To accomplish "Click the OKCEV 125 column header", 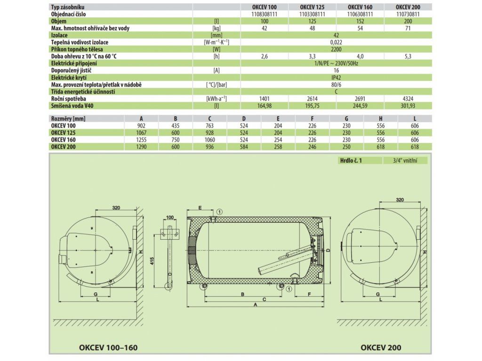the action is [312, 7].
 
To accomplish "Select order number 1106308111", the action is [360, 14].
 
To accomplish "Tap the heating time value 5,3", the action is [408, 56].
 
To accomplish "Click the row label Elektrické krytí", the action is [69, 78].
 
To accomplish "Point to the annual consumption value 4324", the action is [408, 99].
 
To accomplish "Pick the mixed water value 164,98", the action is [265, 106].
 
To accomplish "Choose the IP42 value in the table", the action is [336, 78].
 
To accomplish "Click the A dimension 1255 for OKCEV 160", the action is [141, 140].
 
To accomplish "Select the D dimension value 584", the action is [244, 147].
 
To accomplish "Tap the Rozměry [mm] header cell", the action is [68, 118].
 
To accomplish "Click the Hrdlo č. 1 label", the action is [351, 161].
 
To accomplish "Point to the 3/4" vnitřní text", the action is [405, 161].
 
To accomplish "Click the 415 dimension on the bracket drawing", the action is [153, 261].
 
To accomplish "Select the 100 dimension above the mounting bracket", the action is [169, 217].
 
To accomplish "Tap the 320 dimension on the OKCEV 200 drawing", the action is [400, 200].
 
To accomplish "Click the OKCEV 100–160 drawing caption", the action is [108, 347].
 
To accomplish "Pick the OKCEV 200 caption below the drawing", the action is [381, 347].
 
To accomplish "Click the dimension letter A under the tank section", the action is [255, 305].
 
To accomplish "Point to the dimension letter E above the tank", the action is [200, 208].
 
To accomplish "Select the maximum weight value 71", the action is [408, 28].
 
